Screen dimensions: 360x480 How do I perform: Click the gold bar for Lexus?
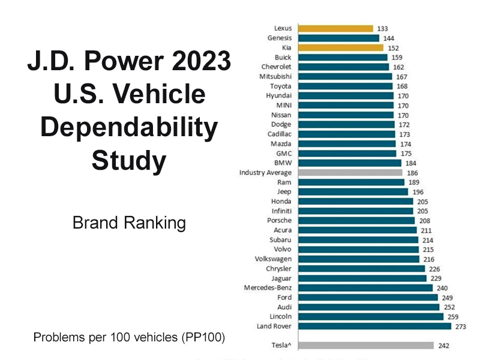[335, 28]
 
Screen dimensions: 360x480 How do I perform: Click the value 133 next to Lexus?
[382, 28]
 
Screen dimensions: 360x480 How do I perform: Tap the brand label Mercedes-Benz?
[268, 287]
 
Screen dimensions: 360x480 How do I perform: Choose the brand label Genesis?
[280, 38]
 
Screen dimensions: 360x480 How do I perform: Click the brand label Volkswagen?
[273, 259]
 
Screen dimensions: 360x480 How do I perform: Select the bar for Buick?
[343, 57]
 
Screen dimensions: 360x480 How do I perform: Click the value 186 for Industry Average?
[412, 172]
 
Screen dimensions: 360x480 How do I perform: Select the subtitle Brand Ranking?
[129, 223]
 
